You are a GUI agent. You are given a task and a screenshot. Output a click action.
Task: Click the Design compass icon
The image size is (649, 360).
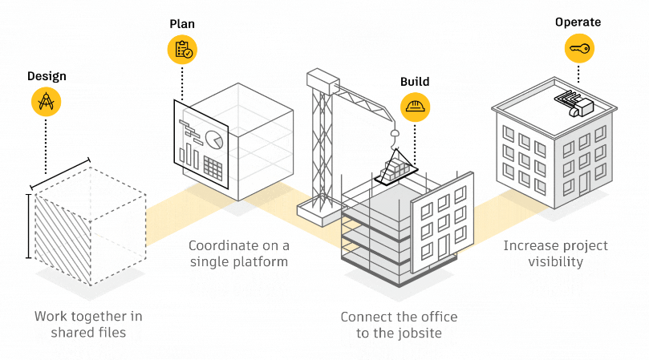pos(47,101)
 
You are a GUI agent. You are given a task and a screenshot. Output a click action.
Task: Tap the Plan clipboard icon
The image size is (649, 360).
pos(182,50)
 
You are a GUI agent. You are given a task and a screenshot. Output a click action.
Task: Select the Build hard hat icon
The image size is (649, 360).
pos(415,107)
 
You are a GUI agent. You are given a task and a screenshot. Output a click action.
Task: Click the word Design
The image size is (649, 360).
pos(47,76)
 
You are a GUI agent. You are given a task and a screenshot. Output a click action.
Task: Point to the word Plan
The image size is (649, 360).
pos(182,24)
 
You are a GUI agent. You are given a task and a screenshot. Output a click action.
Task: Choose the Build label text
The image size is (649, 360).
pos(415,82)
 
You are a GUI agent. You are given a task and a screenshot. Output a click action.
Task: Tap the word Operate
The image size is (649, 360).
pos(578,22)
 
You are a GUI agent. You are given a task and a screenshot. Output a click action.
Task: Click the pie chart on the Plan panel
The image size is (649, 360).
pos(214,140)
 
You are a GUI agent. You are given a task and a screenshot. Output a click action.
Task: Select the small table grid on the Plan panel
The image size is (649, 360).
pos(213,168)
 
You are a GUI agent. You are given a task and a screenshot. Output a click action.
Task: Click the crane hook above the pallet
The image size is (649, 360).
pos(395,132)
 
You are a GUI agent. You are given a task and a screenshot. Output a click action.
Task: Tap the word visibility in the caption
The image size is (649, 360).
pos(555,262)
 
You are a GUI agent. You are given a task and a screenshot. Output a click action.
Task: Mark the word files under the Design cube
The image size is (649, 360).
pos(108,333)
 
